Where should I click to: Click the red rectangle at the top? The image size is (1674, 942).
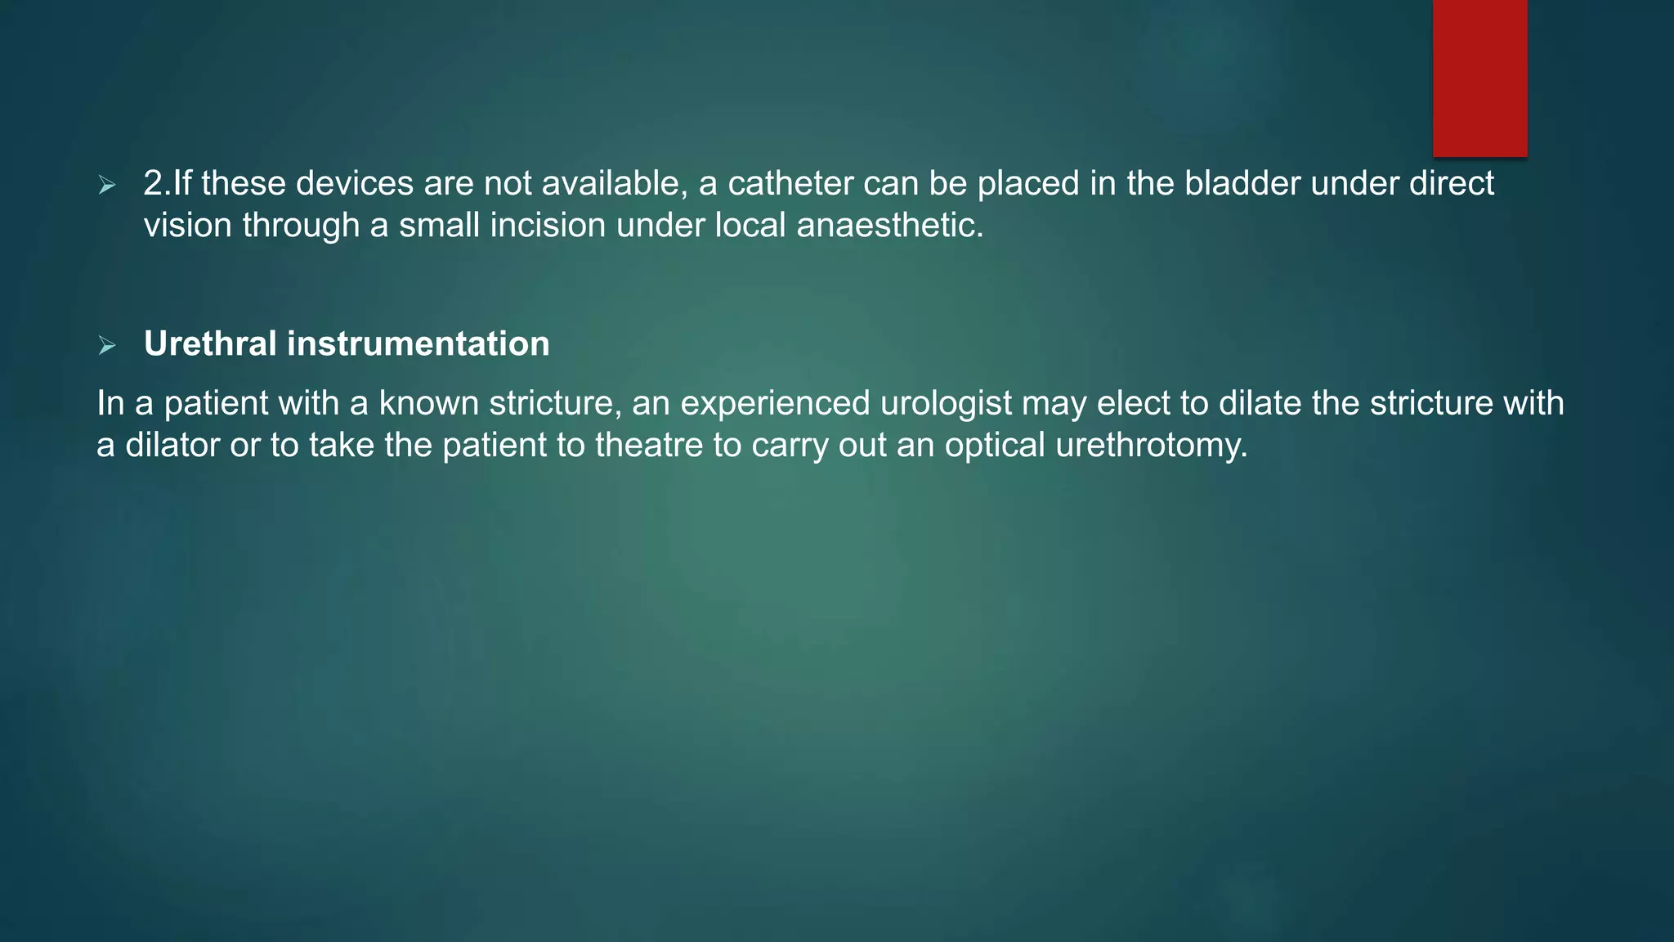pyautogui.click(x=1479, y=78)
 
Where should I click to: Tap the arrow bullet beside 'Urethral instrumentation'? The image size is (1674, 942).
pyautogui.click(x=107, y=346)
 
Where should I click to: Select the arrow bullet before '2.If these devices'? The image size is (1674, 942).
pyautogui.click(x=107, y=186)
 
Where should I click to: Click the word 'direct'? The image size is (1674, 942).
pyautogui.click(x=1452, y=183)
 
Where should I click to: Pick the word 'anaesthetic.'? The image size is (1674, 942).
pyautogui.click(x=890, y=226)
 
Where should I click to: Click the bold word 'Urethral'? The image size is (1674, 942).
pyautogui.click(x=210, y=343)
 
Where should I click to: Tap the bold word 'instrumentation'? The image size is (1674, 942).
pyautogui.click(x=418, y=343)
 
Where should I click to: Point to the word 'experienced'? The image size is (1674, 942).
pyautogui.click(x=775, y=404)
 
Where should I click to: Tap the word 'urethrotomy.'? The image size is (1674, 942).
pyautogui.click(x=1152, y=446)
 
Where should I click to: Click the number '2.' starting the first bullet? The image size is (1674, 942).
pyautogui.click(x=158, y=183)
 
